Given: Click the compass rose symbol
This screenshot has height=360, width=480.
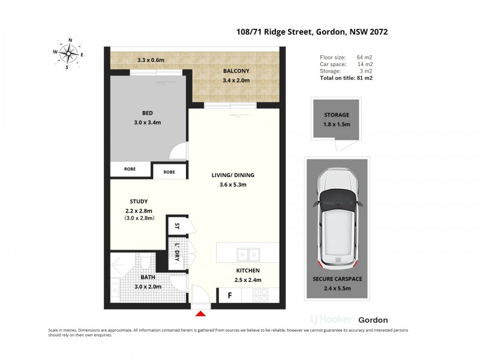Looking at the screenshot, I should (x=70, y=54).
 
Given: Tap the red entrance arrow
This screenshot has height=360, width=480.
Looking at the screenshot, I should (x=201, y=312).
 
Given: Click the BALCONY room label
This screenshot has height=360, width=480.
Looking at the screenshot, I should (x=236, y=71).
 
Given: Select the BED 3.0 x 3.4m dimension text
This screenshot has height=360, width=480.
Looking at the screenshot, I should (x=147, y=122).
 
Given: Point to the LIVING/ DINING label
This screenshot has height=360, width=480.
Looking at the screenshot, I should (x=233, y=175).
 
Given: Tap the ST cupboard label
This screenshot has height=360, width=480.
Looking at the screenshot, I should (x=177, y=227).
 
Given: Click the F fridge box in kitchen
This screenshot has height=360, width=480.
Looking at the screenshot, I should (x=229, y=295).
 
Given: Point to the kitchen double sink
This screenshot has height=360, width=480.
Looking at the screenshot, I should (x=247, y=253).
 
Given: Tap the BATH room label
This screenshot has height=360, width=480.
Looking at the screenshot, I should (x=148, y=277).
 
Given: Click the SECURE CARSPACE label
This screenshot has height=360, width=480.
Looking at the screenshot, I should (x=337, y=279).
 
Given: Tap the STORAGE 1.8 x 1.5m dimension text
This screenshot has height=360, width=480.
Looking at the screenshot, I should (x=337, y=124).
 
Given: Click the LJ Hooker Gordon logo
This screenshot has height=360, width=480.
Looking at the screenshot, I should (x=349, y=320).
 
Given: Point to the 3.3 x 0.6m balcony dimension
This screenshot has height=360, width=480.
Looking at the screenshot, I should (x=151, y=60).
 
